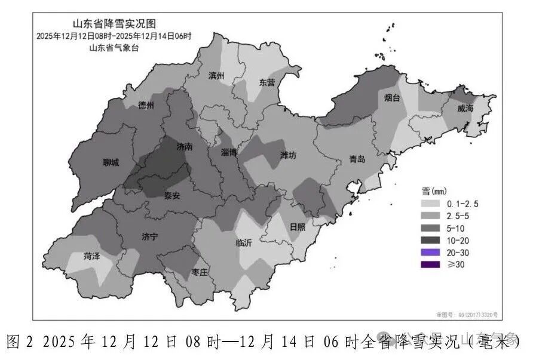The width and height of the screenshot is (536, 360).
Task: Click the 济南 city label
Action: (185, 146)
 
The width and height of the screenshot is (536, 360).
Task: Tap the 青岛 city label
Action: (358, 160)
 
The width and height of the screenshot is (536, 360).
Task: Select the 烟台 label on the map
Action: (392, 99)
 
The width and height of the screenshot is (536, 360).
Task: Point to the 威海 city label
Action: (465, 109)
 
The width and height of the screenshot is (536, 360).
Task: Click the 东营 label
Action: (267, 83)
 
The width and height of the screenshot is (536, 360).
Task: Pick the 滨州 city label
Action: (216, 76)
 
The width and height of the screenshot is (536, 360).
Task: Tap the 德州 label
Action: (146, 105)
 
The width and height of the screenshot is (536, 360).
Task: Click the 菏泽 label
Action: (91, 256)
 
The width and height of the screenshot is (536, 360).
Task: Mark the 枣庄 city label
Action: (199, 272)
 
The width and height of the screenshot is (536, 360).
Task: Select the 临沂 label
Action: (244, 243)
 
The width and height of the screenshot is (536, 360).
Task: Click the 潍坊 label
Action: (289, 155)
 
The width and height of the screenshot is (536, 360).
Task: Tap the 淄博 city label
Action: (229, 153)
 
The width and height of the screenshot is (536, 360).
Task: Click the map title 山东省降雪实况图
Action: (114, 24)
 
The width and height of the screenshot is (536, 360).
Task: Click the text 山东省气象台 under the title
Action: (114, 48)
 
